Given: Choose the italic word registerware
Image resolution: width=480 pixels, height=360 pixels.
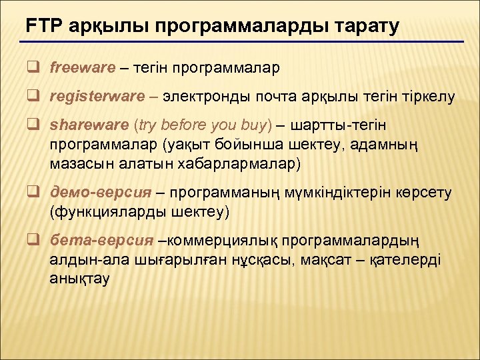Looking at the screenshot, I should (97, 97).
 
